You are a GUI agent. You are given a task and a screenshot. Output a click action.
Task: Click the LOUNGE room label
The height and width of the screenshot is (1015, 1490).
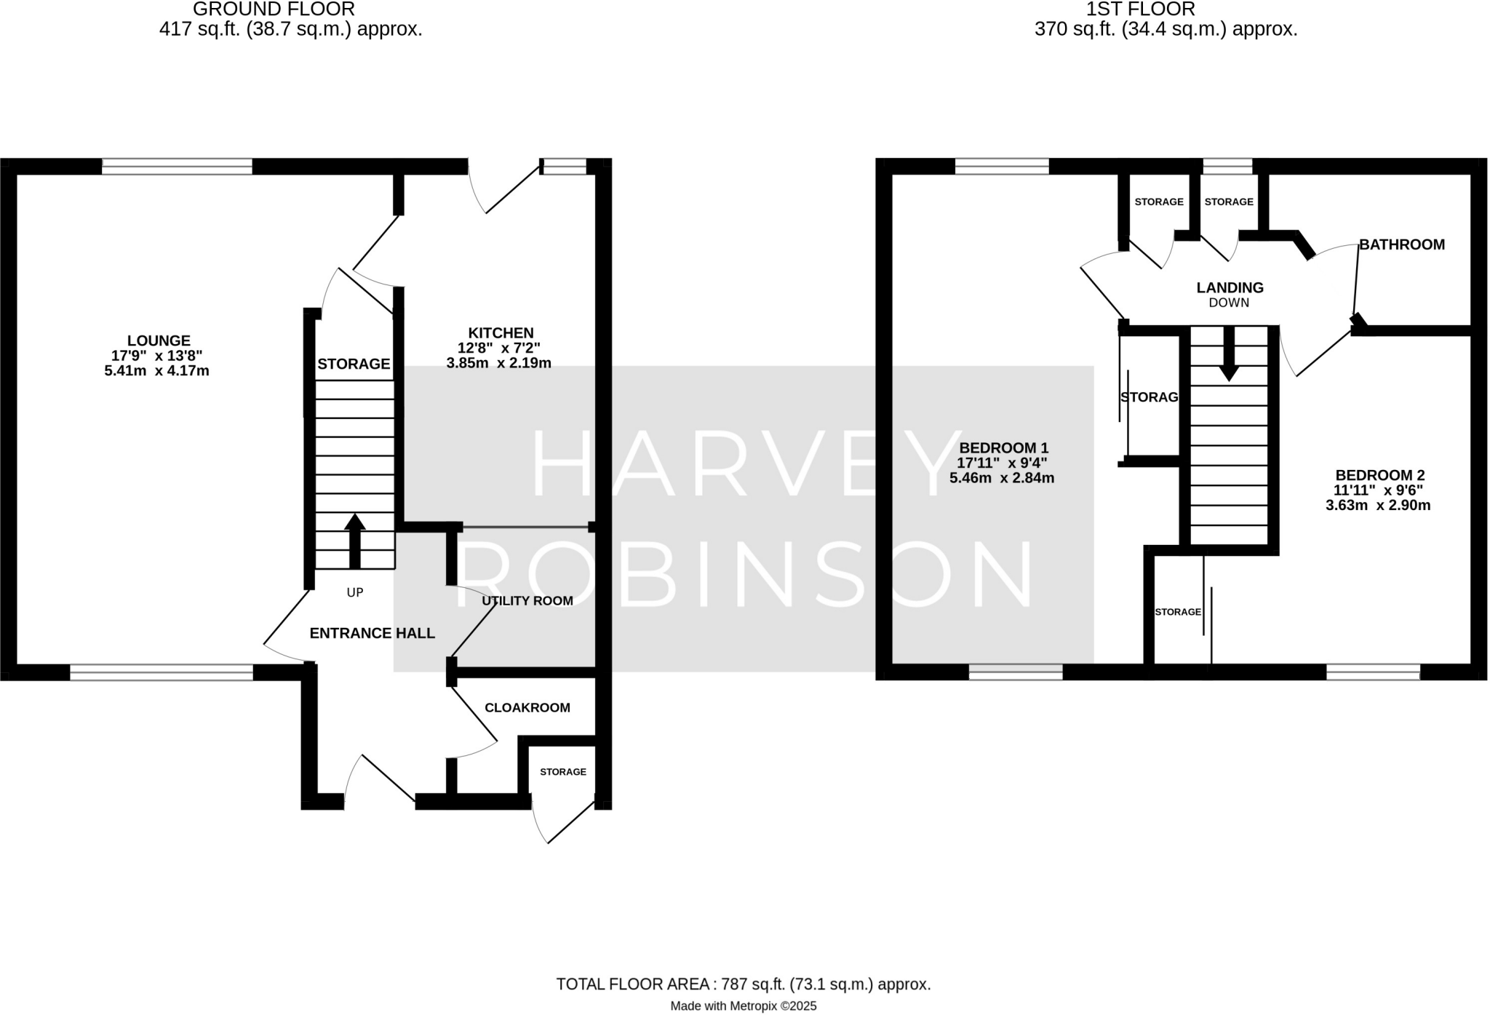point(159,341)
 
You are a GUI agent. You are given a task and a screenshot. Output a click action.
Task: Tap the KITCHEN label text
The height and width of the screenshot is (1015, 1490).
point(501,333)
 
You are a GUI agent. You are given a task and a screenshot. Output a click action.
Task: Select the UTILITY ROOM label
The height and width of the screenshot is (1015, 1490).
point(527,601)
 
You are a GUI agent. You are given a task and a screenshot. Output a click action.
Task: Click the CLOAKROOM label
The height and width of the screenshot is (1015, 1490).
point(527,708)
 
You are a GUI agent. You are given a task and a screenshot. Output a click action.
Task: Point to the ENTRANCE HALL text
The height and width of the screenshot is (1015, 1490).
point(372,634)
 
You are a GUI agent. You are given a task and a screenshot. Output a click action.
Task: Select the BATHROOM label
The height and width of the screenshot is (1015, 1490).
point(1402,244)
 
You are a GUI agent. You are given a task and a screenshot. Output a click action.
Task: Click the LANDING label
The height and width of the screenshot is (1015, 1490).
point(1230,287)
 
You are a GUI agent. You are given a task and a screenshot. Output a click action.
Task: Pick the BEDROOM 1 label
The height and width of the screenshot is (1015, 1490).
point(1004,447)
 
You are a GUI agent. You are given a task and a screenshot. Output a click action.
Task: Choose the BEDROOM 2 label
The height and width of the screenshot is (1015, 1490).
point(1379,475)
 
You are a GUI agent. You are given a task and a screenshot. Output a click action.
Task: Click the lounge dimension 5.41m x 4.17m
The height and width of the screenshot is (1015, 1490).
point(157,371)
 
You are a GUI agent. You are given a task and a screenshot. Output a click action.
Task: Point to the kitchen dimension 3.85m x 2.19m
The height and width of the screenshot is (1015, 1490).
point(498,363)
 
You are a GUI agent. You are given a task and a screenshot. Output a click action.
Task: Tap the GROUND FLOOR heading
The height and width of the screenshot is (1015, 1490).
point(274,9)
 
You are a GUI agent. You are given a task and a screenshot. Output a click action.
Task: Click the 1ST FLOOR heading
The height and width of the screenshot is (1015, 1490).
point(1141,9)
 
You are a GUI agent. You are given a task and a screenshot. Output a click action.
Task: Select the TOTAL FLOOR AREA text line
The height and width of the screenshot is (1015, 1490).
point(744,984)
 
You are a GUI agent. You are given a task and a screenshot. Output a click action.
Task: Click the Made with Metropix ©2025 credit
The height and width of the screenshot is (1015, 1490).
point(744,1006)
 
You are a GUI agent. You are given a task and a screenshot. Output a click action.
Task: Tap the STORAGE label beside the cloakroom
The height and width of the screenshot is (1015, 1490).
point(563,772)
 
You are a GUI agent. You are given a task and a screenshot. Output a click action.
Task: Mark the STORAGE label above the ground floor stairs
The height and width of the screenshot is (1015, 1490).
point(354,364)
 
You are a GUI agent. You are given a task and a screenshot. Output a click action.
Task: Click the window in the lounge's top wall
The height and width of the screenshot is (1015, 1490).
point(177,167)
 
